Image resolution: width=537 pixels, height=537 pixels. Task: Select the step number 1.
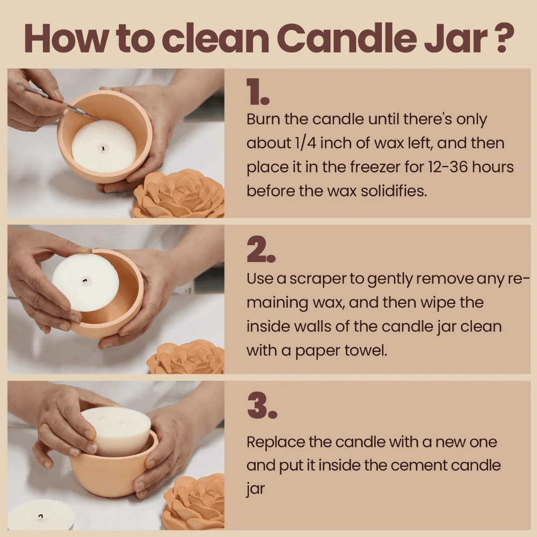[258, 91]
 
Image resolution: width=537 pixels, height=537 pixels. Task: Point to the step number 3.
[262, 406]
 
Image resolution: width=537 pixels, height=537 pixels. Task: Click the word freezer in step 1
[374, 167]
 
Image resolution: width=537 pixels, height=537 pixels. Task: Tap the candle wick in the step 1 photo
[103, 148]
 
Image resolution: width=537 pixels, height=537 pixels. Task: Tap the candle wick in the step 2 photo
[85, 281]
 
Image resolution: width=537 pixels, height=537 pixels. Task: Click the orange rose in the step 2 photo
[187, 357]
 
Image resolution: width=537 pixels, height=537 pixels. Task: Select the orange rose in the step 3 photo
[194, 503]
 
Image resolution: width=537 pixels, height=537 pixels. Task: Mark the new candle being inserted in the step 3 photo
[117, 431]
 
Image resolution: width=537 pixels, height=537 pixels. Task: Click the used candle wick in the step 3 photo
[40, 517]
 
